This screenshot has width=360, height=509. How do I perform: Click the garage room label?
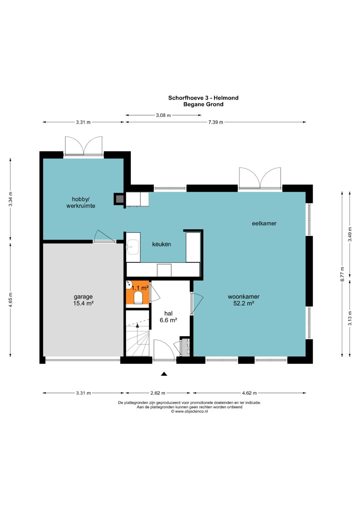point(83,300)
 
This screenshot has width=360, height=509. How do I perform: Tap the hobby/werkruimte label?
point(81,202)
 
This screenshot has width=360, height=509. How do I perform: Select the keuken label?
point(161,244)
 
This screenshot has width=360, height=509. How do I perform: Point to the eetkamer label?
point(264,223)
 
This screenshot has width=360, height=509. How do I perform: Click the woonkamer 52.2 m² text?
point(244,300)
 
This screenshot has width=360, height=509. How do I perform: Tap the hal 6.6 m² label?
point(168,317)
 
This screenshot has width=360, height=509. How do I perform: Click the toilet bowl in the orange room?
point(138,298)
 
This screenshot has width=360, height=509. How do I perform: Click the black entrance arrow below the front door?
point(164,374)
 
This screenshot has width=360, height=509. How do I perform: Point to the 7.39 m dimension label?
point(216,122)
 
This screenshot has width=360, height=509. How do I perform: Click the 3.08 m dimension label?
point(163,115)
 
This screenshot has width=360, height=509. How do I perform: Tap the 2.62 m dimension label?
point(158,393)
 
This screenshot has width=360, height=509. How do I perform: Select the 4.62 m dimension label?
point(249,393)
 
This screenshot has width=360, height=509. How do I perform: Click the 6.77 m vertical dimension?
point(342,274)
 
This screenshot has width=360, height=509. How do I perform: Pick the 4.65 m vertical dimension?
point(10,300)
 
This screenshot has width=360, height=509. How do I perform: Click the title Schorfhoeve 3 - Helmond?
point(203,98)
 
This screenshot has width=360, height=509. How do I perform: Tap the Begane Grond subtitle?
point(203,104)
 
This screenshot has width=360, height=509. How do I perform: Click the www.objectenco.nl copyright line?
point(189,411)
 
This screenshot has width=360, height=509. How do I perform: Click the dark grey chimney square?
point(119,199)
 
